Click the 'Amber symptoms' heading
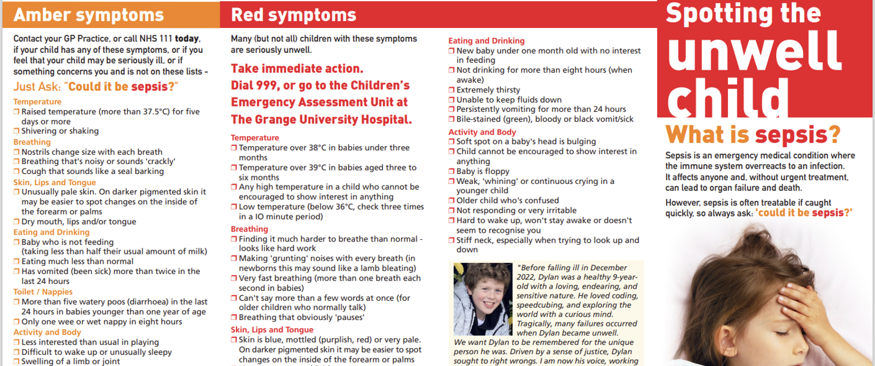(88, 15)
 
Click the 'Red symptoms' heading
(293, 15)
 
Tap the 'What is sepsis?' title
(753, 135)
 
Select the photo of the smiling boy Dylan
(482, 299)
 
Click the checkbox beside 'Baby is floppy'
(451, 172)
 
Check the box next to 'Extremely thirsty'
(451, 90)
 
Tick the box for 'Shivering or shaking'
(17, 132)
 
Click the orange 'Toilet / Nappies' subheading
(43, 292)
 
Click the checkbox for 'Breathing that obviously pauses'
(234, 318)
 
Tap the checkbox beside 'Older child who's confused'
(451, 201)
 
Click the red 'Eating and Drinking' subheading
(486, 41)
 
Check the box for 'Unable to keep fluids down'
(451, 100)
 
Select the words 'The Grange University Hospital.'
(321, 119)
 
